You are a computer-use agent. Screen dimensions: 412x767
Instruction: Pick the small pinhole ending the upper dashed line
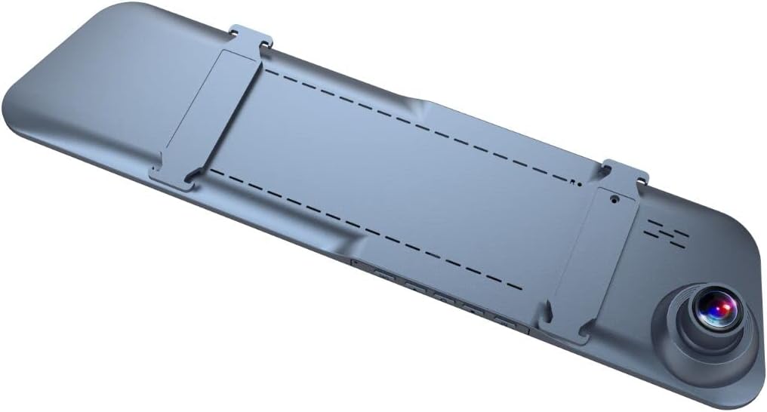578,182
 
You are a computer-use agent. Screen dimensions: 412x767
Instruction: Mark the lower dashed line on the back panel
362,226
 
